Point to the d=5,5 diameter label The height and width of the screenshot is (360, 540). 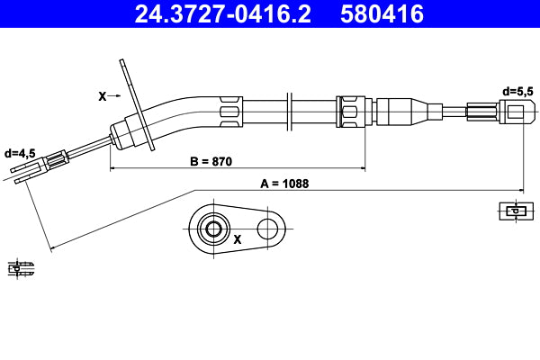518,91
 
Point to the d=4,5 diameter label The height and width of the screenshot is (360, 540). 19,154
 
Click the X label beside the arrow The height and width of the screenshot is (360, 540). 102,94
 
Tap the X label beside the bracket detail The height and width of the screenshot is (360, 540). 238,240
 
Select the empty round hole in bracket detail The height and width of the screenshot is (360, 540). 267,229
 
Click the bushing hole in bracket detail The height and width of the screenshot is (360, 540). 214,229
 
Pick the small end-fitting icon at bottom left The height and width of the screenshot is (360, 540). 21,267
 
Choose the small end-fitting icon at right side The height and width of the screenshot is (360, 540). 511,211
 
